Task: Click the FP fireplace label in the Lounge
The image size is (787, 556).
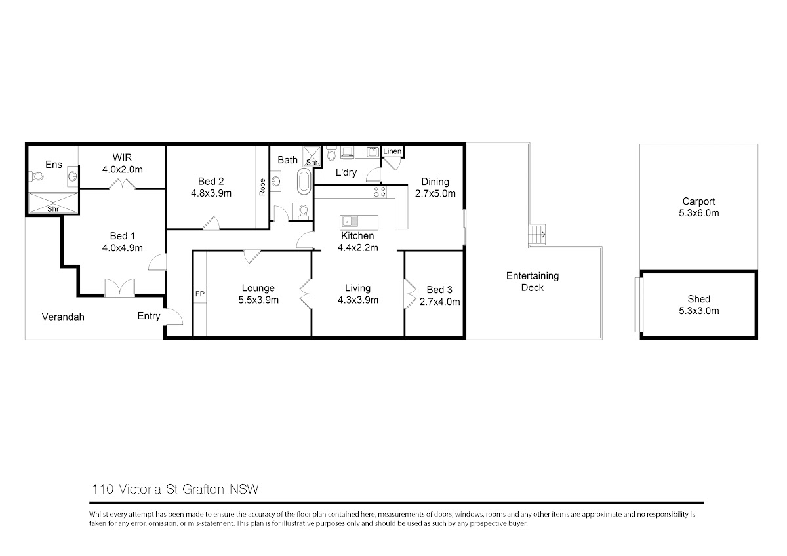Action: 199,294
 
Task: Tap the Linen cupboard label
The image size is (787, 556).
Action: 392,151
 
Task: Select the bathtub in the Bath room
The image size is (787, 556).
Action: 304,181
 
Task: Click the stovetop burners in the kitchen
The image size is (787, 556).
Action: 380,191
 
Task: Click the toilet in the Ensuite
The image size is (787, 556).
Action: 36,176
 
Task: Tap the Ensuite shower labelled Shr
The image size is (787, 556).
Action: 52,203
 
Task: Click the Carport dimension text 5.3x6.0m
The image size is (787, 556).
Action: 698,213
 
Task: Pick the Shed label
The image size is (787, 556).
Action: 698,299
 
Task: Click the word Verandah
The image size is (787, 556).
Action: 63,317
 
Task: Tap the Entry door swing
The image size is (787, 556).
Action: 173,316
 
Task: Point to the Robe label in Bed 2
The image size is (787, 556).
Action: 262,187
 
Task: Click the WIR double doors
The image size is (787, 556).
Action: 122,184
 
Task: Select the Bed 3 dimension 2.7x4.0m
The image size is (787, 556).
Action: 439,302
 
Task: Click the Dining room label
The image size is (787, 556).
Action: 435,182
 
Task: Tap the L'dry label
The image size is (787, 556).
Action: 346,172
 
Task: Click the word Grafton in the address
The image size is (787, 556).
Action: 203,489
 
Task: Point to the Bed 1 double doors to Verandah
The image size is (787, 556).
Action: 120,287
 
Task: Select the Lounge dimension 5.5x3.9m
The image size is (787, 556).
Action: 258,300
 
